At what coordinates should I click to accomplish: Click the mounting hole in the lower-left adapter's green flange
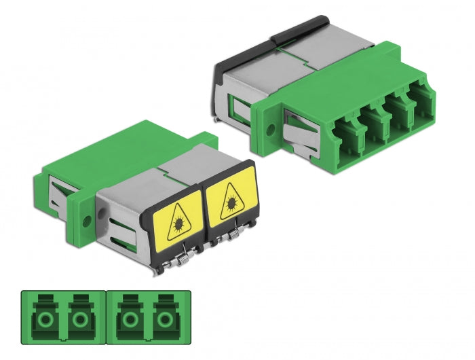click(x=87, y=220)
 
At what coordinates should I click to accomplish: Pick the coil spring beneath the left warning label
click(x=182, y=259)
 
